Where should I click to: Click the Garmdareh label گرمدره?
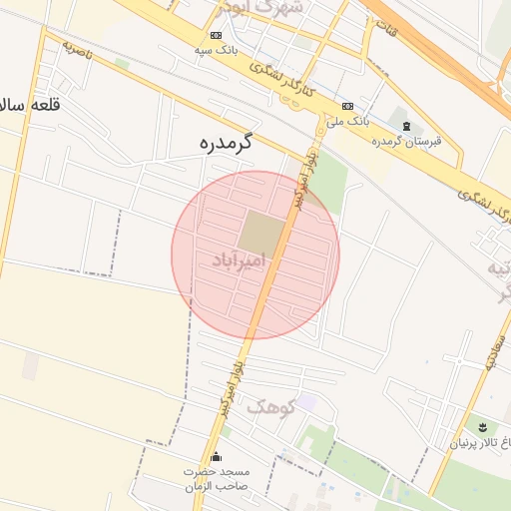(x=221, y=144)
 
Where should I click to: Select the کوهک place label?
(x=269, y=406)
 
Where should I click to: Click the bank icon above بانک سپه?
(x=217, y=36)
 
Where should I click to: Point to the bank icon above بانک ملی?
(x=347, y=106)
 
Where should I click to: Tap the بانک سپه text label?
(x=216, y=50)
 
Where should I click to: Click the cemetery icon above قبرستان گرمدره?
(x=405, y=125)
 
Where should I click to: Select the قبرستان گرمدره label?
(x=405, y=141)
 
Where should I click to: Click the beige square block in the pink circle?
(x=259, y=232)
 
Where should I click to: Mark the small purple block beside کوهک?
(x=306, y=401)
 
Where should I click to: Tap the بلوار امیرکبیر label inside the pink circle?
(x=296, y=185)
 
